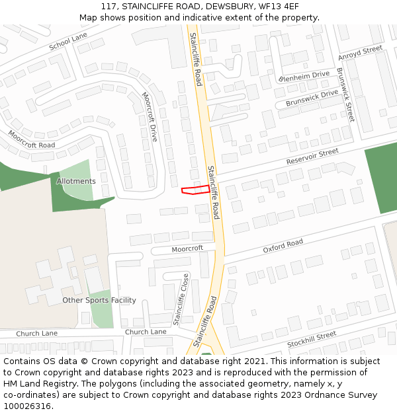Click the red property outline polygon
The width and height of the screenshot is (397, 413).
click(x=196, y=190)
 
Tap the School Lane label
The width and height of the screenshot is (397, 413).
click(x=68, y=42)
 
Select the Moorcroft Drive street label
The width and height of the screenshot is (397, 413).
click(x=150, y=116)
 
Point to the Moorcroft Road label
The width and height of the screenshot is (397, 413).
click(x=31, y=139)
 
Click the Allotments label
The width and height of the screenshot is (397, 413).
click(x=76, y=181)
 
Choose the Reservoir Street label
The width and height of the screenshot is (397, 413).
click(x=312, y=157)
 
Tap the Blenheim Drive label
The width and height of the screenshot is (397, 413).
click(x=304, y=77)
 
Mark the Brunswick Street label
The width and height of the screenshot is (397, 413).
click(x=345, y=94)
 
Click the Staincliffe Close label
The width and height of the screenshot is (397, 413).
click(x=181, y=299)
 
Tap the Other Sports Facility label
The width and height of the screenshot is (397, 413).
click(x=99, y=300)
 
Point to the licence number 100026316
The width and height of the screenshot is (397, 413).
click(x=26, y=406)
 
